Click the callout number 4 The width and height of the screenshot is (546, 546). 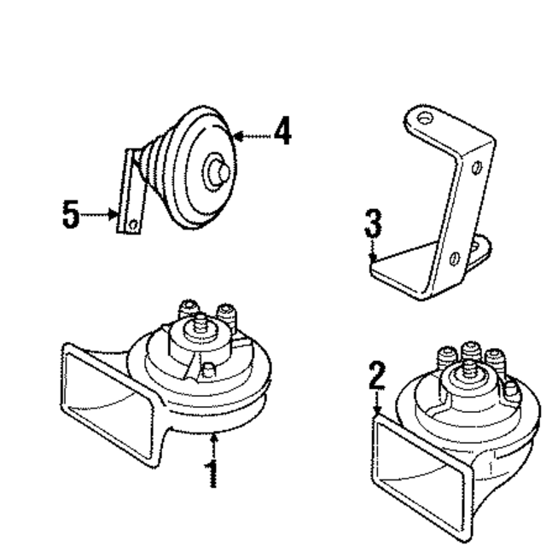tap(282, 133)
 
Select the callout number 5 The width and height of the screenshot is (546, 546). tap(72, 214)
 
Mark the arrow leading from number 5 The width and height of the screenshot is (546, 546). tap(101, 215)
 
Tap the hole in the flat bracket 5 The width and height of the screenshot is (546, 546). tap(132, 224)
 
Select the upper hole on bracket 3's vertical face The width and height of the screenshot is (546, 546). tap(476, 166)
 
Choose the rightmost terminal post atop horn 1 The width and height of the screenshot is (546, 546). tap(226, 314)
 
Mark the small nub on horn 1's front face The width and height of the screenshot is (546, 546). tap(209, 368)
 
